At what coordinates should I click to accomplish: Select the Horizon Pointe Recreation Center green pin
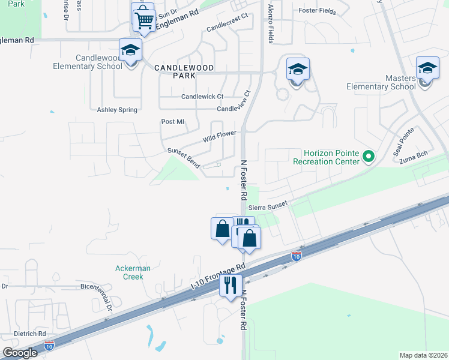[369, 157]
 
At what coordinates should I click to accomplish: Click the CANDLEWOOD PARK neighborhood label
[184, 68]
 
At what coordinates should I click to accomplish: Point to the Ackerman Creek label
[130, 272]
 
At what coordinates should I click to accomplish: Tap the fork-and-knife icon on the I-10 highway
[230, 284]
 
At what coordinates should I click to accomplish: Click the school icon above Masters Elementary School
[427, 67]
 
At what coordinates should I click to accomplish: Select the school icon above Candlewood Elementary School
[130, 50]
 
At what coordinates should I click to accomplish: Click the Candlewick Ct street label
[202, 96]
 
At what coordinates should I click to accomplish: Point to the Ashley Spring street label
[117, 110]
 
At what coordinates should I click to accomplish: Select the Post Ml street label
[172, 122]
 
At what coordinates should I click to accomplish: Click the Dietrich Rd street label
[30, 334]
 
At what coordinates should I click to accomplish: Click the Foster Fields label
[315, 10]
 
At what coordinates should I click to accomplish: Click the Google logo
[20, 352]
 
